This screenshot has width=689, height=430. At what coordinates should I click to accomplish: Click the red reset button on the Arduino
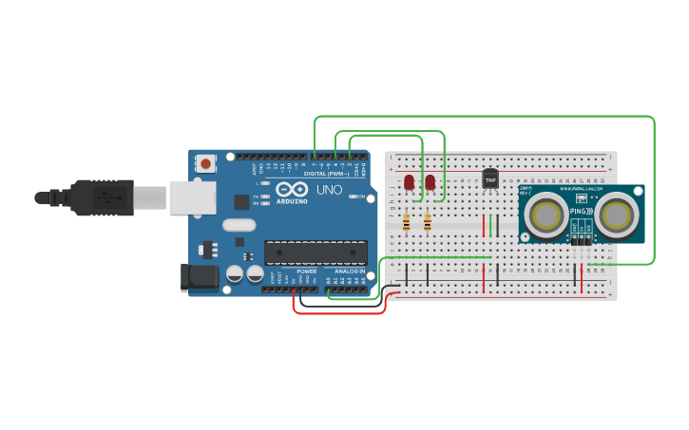(x=205, y=164)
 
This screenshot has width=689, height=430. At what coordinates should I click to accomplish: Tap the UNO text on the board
(x=329, y=190)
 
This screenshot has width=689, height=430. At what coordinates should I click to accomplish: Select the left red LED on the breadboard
(x=409, y=181)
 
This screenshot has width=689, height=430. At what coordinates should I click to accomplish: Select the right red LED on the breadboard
(x=430, y=181)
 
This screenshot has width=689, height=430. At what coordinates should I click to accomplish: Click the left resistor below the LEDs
(x=407, y=222)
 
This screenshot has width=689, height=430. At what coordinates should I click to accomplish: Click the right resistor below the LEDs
(x=428, y=222)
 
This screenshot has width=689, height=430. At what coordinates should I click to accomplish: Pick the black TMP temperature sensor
(x=490, y=178)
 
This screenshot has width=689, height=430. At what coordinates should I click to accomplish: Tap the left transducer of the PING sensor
(x=546, y=215)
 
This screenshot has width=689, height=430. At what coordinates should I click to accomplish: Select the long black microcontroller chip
(x=316, y=252)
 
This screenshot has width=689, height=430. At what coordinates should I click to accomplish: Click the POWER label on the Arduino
(x=306, y=271)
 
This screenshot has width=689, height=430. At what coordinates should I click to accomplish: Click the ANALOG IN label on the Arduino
(x=347, y=271)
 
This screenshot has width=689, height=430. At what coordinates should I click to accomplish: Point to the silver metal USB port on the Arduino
(x=192, y=197)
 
